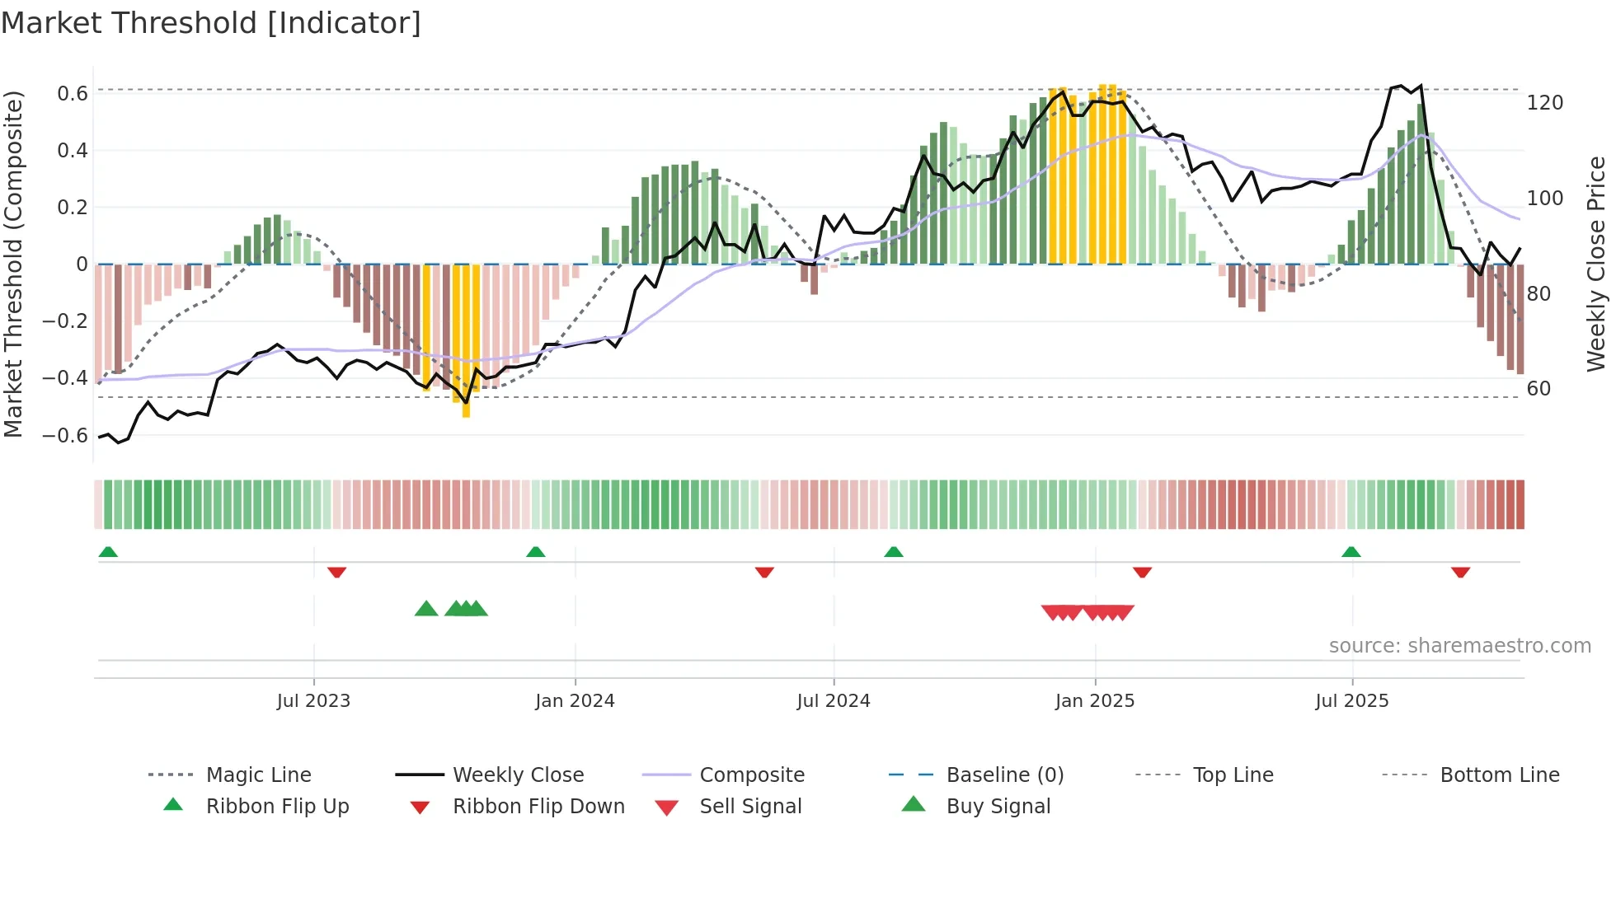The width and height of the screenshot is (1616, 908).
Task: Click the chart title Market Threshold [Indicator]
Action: tap(211, 23)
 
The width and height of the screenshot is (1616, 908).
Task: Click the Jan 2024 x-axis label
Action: tap(575, 701)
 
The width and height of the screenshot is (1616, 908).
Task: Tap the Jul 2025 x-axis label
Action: tap(1351, 701)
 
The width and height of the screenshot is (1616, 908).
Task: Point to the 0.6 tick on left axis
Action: tap(73, 94)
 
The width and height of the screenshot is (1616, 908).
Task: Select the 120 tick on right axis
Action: tap(1544, 103)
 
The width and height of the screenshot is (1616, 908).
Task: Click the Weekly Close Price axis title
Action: tap(1596, 264)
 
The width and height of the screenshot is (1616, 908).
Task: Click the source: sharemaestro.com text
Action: tap(1459, 646)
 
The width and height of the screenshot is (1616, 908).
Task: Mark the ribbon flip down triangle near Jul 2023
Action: tap(336, 572)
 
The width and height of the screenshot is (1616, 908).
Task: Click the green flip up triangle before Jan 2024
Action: tap(536, 552)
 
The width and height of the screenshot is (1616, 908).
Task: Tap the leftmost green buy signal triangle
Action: tap(426, 609)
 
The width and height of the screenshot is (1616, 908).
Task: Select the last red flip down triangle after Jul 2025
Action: tap(1460, 572)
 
